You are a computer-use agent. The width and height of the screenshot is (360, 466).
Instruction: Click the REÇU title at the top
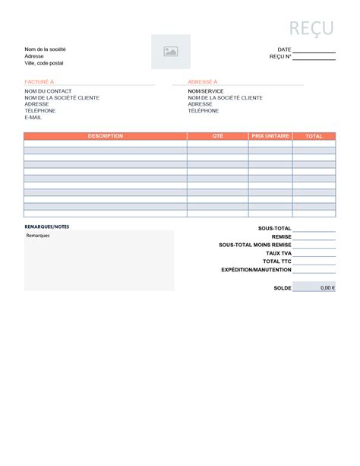pos(311,28)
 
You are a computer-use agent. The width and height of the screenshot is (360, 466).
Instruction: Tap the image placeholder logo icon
pos(171,52)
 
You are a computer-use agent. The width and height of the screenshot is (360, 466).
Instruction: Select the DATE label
pos(284,49)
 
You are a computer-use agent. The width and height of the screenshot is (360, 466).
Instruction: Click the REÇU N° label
pos(280,56)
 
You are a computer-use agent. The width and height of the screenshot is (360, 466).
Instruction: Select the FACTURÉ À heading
pos(39,81)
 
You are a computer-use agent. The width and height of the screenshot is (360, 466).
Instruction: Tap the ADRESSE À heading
pos(203,81)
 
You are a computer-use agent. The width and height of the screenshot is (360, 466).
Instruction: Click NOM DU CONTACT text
pos(48,91)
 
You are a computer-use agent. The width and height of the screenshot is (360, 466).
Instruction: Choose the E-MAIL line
pos(33,118)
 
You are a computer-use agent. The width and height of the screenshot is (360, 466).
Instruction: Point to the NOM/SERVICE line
pos(206,91)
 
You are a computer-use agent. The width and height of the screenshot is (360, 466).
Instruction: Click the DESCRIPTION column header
pos(105,136)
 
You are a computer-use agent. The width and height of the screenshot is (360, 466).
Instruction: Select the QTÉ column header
pos(217,136)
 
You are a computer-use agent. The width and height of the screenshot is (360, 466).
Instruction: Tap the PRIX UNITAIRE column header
pos(270,136)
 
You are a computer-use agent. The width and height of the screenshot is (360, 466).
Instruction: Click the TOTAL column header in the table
pos(314,136)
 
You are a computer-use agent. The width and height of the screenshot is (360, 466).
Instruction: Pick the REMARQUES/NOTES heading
pos(46,227)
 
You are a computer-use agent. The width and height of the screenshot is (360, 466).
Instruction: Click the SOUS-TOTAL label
pos(275,228)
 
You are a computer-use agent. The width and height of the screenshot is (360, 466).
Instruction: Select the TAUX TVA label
pos(279,253)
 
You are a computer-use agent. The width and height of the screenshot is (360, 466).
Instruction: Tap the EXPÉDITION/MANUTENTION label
pos(256,270)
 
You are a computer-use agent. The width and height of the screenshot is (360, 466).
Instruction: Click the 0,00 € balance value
pos(327,288)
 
